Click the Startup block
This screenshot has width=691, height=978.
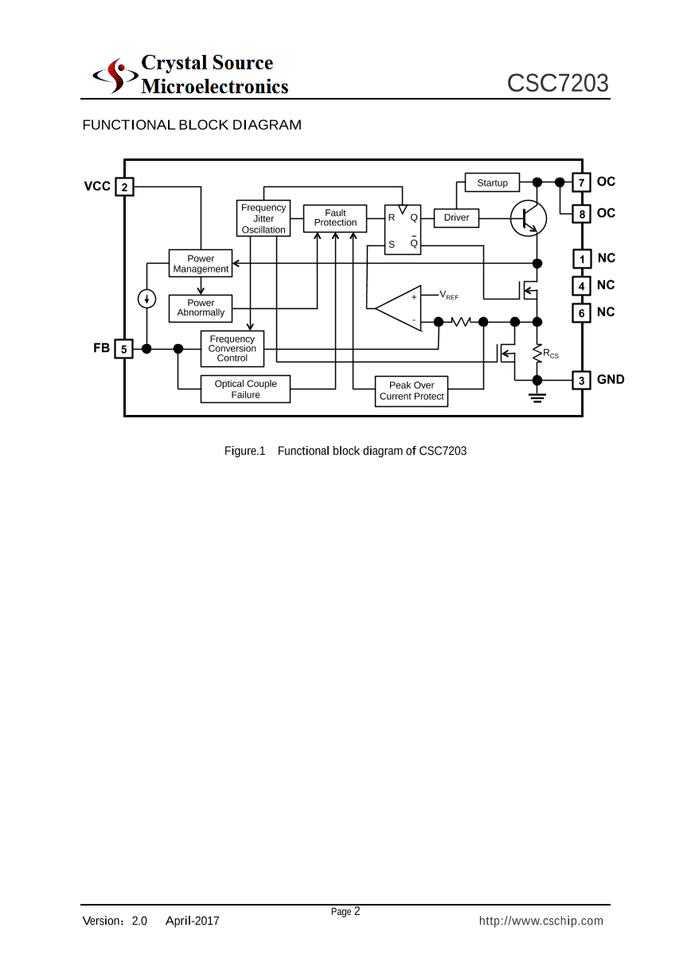tap(492, 183)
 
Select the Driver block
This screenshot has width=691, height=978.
tap(456, 217)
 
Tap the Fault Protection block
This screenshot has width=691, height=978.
tap(335, 217)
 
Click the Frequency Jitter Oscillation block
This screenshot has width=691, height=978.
tap(264, 218)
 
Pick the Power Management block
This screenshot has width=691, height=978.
tap(201, 264)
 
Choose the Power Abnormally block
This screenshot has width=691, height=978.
tap(201, 308)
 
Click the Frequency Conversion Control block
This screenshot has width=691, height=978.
tap(232, 349)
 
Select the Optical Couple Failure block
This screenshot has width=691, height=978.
tap(245, 389)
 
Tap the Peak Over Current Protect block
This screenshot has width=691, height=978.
tap(412, 391)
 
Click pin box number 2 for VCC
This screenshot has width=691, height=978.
tap(124, 187)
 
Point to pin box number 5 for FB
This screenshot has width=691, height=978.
tap(124, 349)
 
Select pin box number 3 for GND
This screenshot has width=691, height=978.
tap(582, 381)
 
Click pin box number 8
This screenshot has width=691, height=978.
tap(582, 214)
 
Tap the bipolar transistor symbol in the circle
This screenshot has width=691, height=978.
tap(529, 217)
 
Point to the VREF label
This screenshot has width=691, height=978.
tap(449, 295)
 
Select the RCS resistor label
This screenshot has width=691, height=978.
tap(551, 353)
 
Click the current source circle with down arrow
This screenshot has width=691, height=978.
tap(146, 299)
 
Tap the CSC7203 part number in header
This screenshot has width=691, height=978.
tap(558, 83)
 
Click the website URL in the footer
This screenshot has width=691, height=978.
tap(541, 921)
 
